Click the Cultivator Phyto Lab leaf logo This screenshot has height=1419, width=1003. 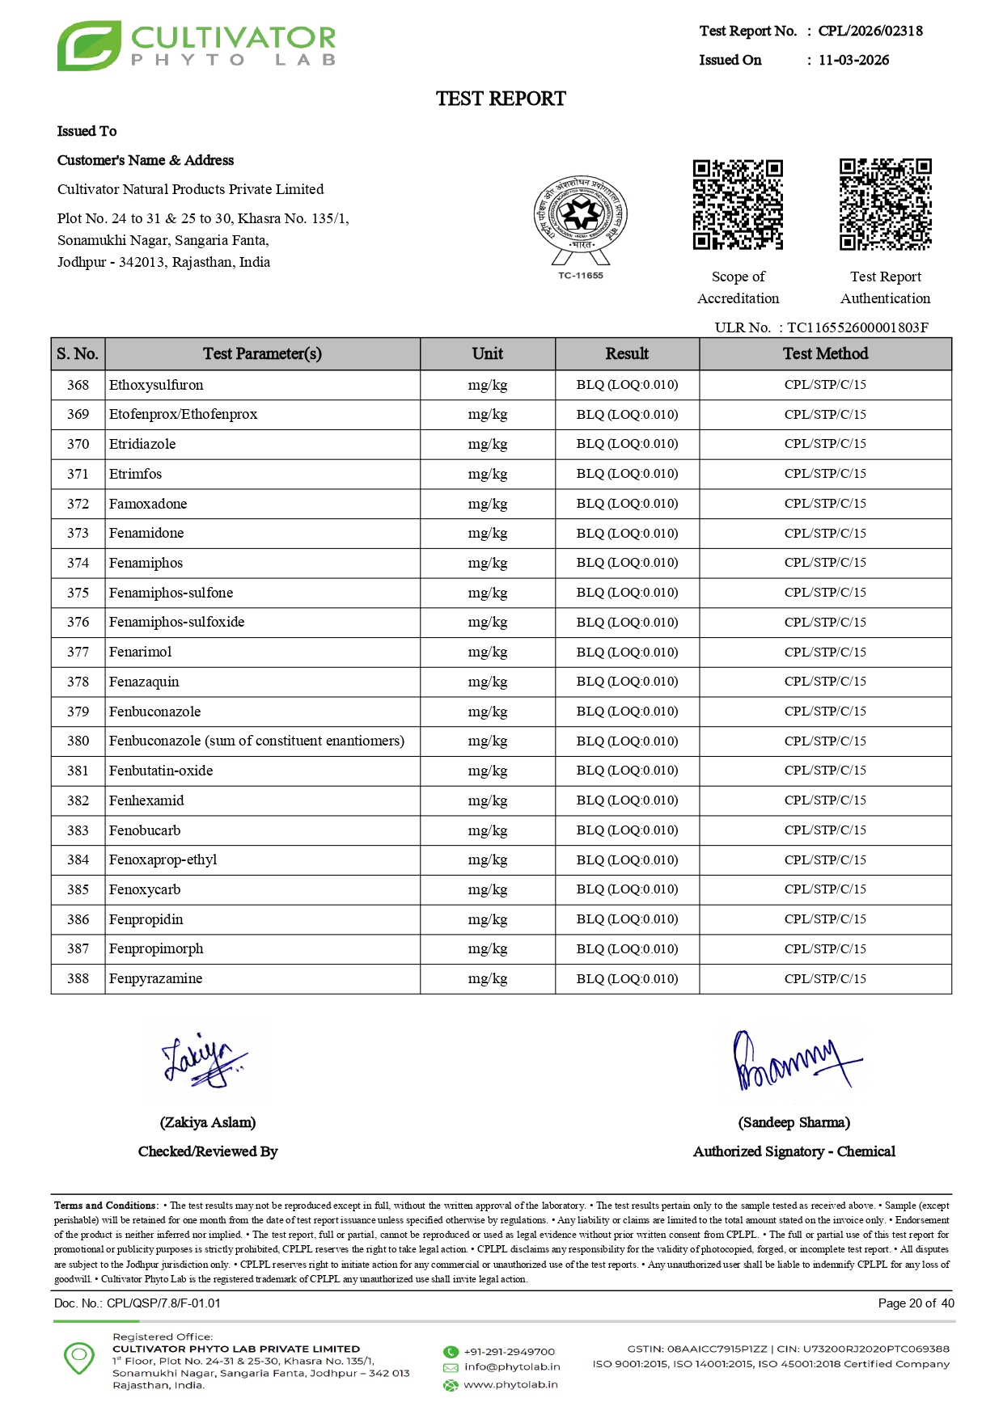89,46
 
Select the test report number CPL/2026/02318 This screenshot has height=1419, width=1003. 870,32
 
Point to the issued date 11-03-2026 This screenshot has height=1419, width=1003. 853,61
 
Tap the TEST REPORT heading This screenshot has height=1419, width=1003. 501,99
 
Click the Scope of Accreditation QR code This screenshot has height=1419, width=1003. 738,205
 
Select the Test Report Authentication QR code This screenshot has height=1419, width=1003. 885,205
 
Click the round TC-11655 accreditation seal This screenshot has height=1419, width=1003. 580,217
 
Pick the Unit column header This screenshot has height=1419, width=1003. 487,354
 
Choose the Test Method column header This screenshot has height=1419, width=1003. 825,354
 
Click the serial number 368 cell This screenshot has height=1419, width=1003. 78,385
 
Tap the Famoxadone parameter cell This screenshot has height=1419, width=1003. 148,504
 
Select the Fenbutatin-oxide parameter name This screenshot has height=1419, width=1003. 161,771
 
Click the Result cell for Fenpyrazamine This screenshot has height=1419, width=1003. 627,978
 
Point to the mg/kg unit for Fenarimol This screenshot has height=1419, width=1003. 487,652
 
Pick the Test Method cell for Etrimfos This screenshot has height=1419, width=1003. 825,474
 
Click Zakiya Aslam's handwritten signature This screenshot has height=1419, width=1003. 204,1059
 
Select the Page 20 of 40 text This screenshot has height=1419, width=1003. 916,1303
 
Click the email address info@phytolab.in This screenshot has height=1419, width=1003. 512,1367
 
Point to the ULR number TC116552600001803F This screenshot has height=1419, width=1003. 857,327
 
